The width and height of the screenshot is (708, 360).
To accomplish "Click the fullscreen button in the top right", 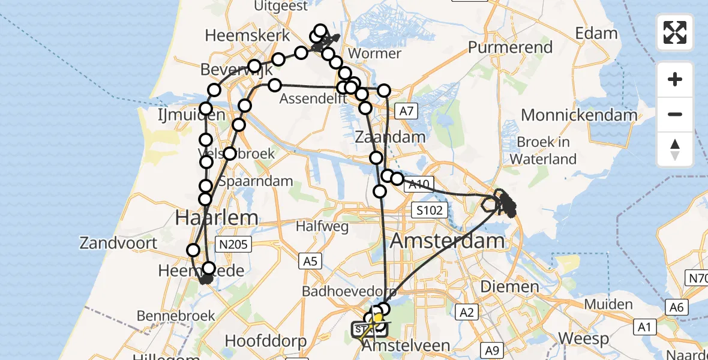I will (675, 32).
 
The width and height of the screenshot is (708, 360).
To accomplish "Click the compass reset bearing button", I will (675, 149).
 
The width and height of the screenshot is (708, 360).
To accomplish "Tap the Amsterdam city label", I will (448, 242).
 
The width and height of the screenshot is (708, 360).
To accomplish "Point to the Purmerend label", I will (510, 47).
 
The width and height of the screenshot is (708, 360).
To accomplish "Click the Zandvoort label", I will (118, 243).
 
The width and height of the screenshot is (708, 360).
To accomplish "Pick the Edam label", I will (596, 33).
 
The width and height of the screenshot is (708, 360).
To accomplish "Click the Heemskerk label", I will (247, 35).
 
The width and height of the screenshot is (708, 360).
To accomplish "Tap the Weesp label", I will (584, 338).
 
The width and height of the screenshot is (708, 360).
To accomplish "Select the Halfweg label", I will (319, 226).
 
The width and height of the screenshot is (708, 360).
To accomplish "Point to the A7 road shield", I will (407, 110).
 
